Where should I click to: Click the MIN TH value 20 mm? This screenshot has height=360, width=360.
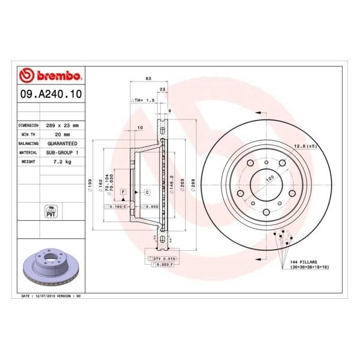pyautogui.click(x=55, y=134)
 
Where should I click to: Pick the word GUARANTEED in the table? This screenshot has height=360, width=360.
pyautogui.click(x=62, y=144)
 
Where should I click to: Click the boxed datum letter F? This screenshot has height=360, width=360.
pyautogui.click(x=122, y=191)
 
